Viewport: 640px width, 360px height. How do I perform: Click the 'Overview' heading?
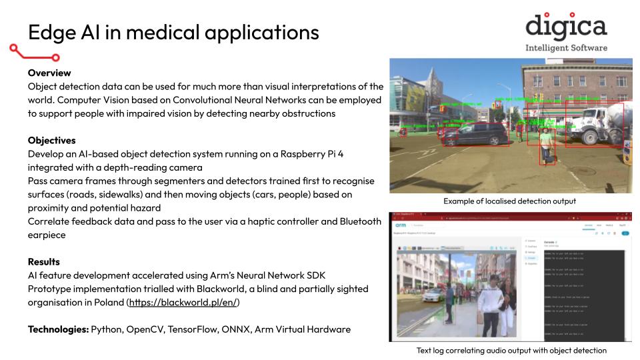[x=49, y=73]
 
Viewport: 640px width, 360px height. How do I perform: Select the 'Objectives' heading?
[x=51, y=140]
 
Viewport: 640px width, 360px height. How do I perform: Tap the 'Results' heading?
[x=44, y=261]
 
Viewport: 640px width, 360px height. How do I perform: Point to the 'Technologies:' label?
[x=58, y=329]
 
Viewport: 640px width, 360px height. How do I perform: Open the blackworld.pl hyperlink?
[x=183, y=302]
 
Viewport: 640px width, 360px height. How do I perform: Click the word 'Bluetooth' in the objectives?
[x=358, y=221]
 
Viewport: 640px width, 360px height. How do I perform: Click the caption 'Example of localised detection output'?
[x=509, y=201]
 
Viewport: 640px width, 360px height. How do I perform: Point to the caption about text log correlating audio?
[x=511, y=350]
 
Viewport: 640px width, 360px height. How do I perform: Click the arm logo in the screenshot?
[x=398, y=227]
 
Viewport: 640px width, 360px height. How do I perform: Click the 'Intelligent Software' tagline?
[x=566, y=48]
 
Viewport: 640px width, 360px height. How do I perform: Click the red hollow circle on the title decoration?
[x=56, y=57]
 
